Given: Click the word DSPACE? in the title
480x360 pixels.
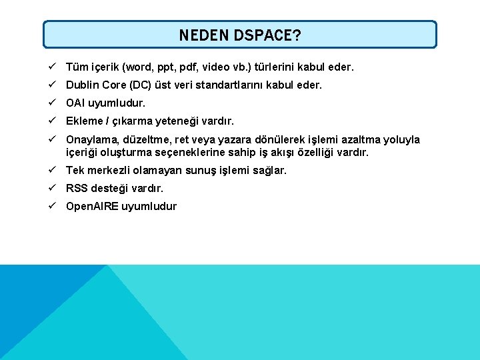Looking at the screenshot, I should point(267,35).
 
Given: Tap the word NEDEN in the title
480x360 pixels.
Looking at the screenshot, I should point(204,35).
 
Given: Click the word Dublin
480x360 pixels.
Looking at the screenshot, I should point(83,85).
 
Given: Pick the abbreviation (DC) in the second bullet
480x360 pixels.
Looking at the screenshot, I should point(139,85).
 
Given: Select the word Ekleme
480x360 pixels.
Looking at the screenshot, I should point(84,121).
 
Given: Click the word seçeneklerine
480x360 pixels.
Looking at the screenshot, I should point(207,152).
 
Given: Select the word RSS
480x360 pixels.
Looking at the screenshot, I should point(77,188).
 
